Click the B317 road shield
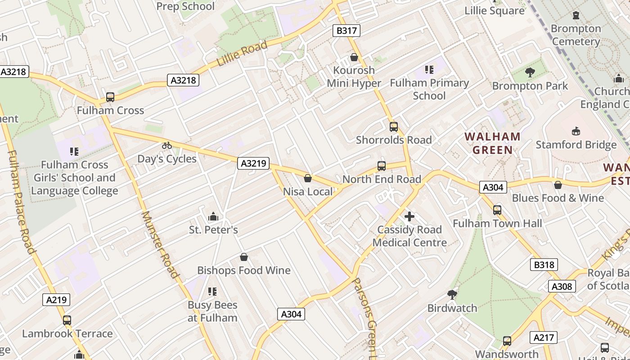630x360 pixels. click(346, 31)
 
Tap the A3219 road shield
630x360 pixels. click(253, 163)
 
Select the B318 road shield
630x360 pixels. click(544, 265)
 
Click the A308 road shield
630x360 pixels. click(562, 286)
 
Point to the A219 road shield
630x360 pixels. click(56, 300)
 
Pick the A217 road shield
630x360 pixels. click(544, 337)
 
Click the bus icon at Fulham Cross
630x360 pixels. click(110, 97)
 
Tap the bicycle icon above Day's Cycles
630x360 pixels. click(167, 145)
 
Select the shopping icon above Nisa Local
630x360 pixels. click(308, 179)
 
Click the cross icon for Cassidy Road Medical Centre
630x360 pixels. click(409, 217)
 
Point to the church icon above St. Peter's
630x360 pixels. click(213, 217)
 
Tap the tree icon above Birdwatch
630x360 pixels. click(452, 295)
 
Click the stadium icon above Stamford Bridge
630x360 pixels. click(576, 131)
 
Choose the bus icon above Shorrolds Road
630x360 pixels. click(394, 127)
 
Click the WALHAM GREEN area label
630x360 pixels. click(493, 143)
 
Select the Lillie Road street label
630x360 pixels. click(242, 54)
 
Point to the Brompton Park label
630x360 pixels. click(530, 85)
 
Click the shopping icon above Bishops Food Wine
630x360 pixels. click(244, 257)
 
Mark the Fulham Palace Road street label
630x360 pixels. click(21, 202)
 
